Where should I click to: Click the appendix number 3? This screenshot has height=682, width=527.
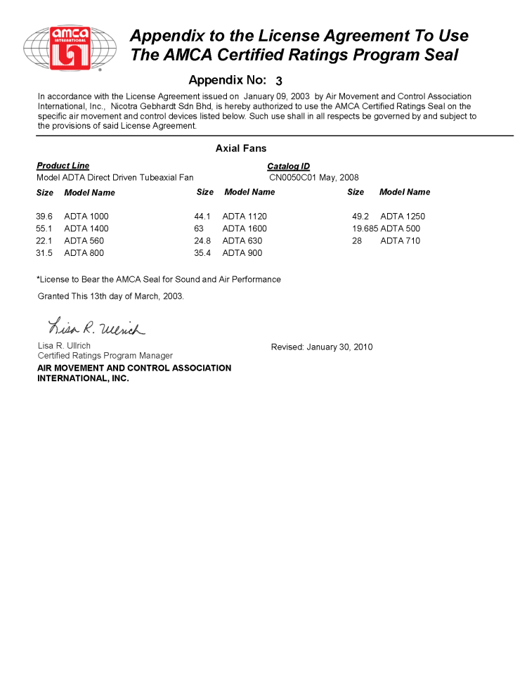279,81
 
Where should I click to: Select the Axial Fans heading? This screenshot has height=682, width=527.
241,148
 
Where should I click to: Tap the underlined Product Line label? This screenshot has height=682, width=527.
63,166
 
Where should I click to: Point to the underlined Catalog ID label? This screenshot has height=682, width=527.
288,166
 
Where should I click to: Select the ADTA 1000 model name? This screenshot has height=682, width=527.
86,217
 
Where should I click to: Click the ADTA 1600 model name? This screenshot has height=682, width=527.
245,229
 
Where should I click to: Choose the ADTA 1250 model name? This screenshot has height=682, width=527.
403,217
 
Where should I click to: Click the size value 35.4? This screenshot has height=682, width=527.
202,253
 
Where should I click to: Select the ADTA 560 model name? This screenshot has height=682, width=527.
84,241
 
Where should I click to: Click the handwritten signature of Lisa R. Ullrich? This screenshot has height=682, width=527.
96,327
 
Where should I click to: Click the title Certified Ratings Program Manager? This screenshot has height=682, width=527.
105,356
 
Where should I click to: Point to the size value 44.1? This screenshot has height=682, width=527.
202,217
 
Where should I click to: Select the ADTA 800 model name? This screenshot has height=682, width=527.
84,253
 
